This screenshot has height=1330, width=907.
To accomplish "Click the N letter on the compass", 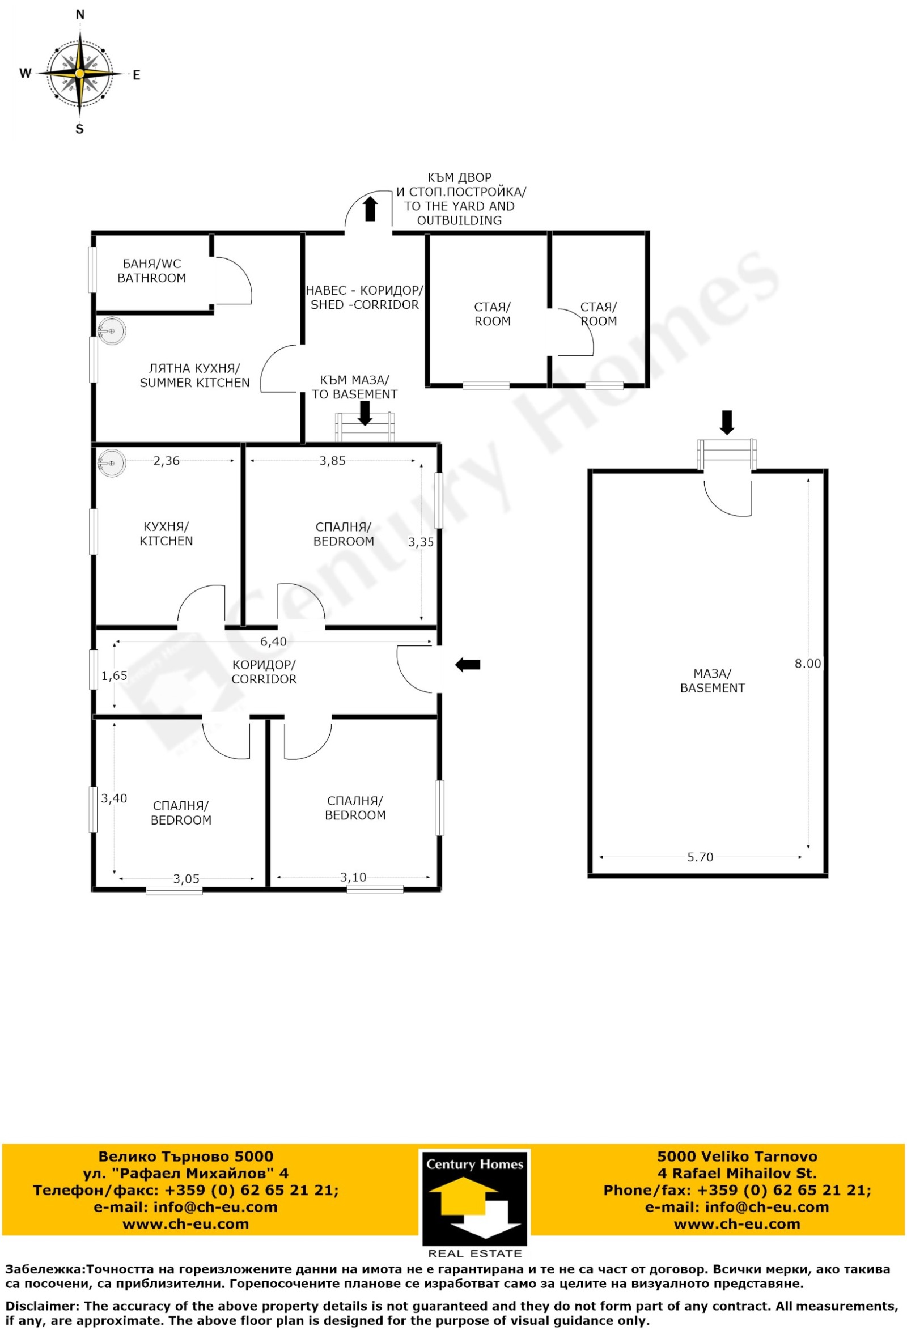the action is pos(80,15).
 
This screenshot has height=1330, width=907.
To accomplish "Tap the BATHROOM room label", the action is pos(152,278).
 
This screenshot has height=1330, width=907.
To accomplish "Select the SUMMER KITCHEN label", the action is pos(194,383).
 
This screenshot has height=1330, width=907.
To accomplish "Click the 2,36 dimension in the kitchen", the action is pos(167,461).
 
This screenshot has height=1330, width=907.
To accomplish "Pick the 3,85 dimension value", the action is pos(333,461).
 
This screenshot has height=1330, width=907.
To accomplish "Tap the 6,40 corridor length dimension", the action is pos(274,641).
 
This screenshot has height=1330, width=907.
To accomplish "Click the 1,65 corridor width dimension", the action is pos(115,676).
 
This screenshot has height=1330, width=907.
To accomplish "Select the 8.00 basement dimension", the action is pos(807,663).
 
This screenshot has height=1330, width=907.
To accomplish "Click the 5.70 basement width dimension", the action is pos(700,857).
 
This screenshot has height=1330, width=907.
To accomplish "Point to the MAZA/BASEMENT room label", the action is pos(713,681).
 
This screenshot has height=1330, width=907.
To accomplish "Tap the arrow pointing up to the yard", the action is pos(370,209).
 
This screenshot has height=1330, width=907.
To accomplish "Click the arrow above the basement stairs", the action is pos(727,422).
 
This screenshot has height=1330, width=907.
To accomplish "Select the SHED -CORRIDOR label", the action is pos(365,305).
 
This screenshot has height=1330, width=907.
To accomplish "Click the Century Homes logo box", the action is pos(474,1204).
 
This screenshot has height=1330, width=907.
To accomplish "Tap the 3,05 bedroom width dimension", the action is pos(187,879).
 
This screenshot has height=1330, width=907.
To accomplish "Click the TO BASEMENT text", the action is pos(354,394).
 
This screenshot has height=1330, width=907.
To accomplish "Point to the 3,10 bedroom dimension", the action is pos(353,877).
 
